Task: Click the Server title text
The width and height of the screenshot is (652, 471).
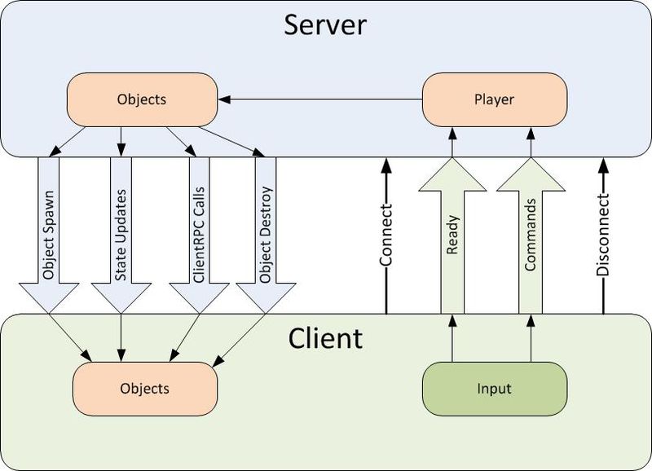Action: coord(325,25)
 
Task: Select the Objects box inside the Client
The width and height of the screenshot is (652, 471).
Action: coord(145,388)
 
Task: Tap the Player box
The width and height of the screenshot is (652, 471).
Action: coord(494,100)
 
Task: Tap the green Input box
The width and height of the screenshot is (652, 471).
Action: coord(494,388)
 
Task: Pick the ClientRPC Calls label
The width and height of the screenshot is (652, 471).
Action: coord(197,232)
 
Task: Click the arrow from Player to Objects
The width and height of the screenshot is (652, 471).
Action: coord(326,100)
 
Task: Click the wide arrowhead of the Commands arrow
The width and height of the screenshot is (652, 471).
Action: coord(531,175)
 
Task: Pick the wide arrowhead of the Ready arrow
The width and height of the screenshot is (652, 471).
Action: coord(452,175)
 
